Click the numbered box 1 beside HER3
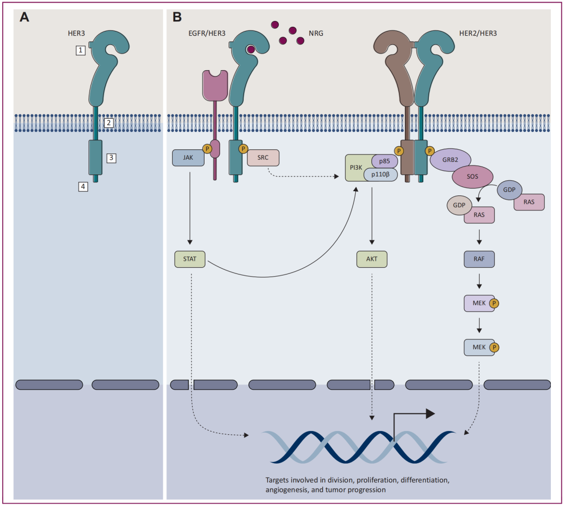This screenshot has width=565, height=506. (x=80, y=50)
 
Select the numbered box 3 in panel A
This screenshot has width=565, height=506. (x=111, y=157)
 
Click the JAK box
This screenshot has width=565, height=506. (x=188, y=157)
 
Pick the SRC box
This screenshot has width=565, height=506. (x=263, y=157)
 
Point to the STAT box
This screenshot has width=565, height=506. (x=189, y=259)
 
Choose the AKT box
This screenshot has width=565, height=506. (x=371, y=259)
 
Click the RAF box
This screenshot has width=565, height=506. (x=479, y=259)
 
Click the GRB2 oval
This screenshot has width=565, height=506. (x=450, y=161)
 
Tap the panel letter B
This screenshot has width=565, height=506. (x=177, y=17)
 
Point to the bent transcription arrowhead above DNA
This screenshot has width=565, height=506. (x=430, y=414)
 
